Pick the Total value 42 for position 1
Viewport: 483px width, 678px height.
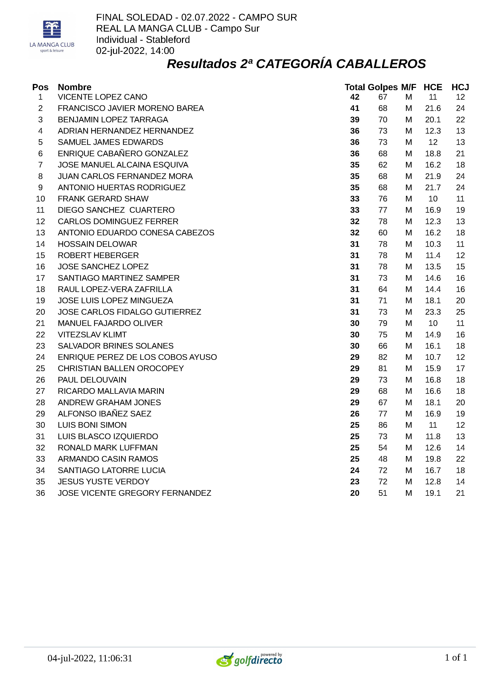[355, 97]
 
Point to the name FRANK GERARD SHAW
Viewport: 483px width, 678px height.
[103, 199]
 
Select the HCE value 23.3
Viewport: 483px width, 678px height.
[433, 312]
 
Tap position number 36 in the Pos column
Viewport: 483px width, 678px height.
[40, 493]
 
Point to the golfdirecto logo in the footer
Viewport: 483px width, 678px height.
[249, 660]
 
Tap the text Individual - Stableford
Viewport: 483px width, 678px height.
[143, 40]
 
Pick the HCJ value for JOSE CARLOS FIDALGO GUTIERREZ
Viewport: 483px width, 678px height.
[460, 312]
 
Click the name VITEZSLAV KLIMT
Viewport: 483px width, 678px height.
[92, 335]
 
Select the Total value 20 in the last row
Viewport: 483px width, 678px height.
[355, 493]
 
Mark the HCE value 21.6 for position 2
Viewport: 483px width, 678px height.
[433, 108]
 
